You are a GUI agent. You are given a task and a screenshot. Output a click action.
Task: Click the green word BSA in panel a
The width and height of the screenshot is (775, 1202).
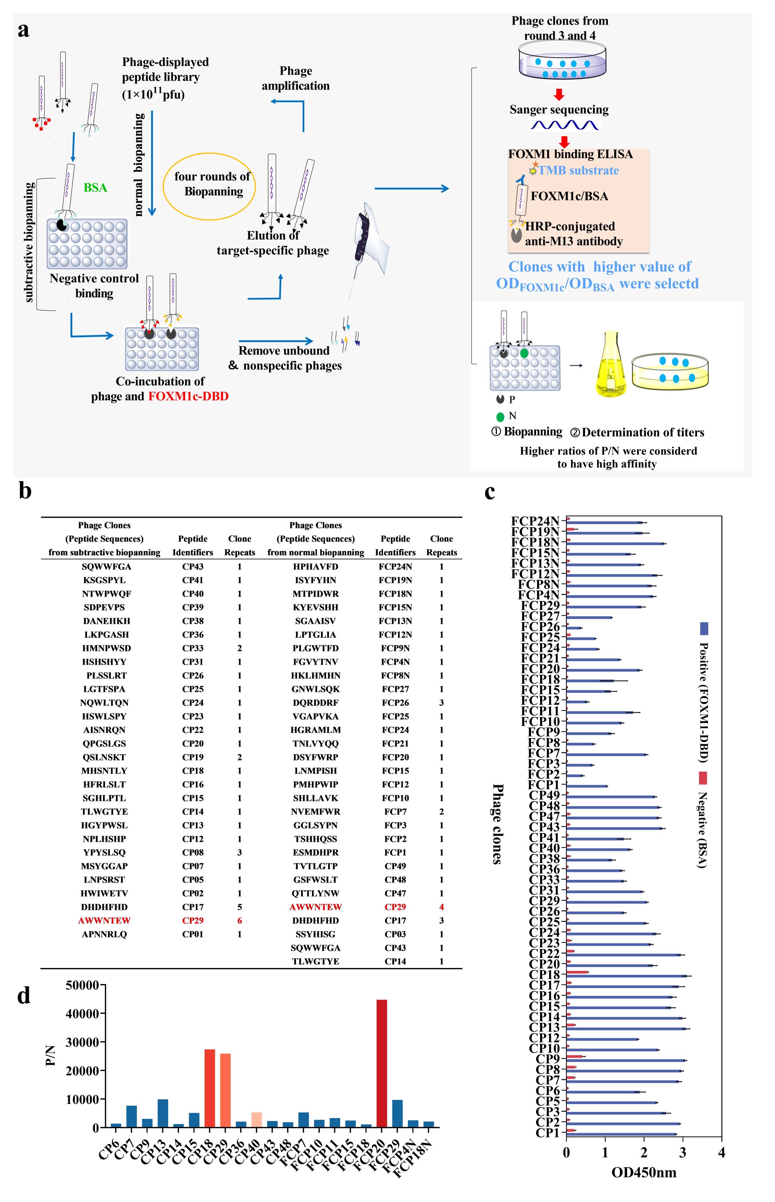[x=95, y=188]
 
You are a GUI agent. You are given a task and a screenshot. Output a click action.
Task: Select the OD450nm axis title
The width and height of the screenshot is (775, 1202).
[x=644, y=1172]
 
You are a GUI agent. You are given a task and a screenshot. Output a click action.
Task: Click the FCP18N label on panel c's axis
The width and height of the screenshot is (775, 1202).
[x=535, y=542]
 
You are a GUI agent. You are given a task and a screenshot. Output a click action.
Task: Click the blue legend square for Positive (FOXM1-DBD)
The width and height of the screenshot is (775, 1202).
[x=703, y=629]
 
